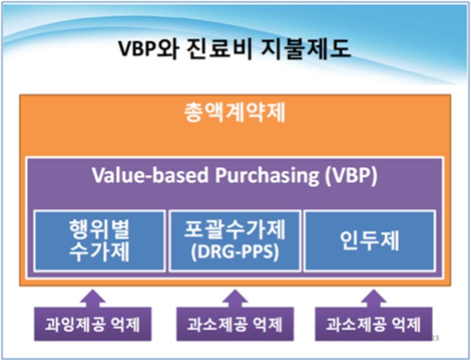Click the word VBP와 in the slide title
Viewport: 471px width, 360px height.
(x=148, y=49)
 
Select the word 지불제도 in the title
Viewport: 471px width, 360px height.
(x=306, y=49)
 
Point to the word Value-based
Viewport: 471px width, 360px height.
(x=150, y=174)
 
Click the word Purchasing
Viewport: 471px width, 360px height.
(x=267, y=175)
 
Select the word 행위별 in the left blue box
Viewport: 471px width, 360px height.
(x=100, y=229)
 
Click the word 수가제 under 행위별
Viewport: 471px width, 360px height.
(x=100, y=252)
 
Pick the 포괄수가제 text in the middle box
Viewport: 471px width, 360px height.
(x=235, y=229)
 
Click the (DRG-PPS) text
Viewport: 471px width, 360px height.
(x=235, y=252)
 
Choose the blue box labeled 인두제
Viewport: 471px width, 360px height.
(x=370, y=241)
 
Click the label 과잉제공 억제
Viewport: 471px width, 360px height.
(x=93, y=324)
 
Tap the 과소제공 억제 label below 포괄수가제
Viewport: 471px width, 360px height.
(x=235, y=324)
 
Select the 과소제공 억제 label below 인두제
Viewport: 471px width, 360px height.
(x=374, y=324)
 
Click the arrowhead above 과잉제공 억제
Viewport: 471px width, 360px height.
(x=93, y=296)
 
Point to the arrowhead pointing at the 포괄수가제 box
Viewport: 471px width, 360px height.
(x=235, y=296)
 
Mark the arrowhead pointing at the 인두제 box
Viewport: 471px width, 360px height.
(x=374, y=296)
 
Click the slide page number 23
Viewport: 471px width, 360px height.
(x=435, y=338)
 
